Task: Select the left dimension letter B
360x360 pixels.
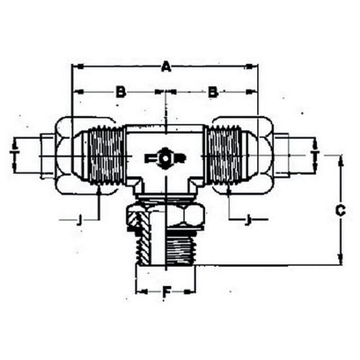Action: [x=121, y=92]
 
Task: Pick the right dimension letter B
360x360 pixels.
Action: [x=213, y=92]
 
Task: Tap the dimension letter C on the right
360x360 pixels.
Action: [x=340, y=210]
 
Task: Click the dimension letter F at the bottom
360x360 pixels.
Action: [x=166, y=292]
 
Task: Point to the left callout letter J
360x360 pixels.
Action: [x=79, y=220]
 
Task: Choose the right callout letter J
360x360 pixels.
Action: [x=247, y=220]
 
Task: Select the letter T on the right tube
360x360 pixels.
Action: [x=316, y=152]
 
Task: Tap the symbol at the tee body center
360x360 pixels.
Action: [x=165, y=158]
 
